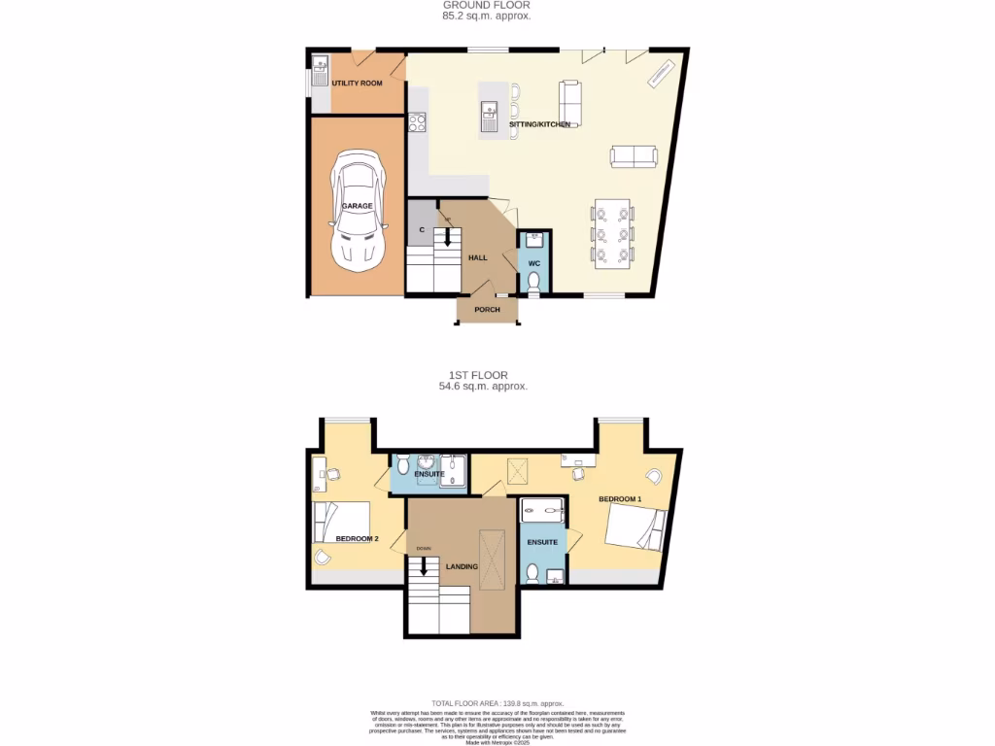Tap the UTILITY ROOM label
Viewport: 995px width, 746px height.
pyautogui.click(x=357, y=84)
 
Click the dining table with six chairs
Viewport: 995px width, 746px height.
pyautogui.click(x=612, y=234)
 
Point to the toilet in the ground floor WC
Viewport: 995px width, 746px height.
pyautogui.click(x=533, y=281)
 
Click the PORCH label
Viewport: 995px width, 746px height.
pyautogui.click(x=487, y=310)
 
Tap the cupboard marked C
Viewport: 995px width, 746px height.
pyautogui.click(x=421, y=229)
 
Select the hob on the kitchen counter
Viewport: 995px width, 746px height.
pyautogui.click(x=417, y=122)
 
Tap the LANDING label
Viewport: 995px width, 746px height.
pyautogui.click(x=462, y=565)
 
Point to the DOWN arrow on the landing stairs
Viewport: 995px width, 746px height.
pyautogui.click(x=424, y=563)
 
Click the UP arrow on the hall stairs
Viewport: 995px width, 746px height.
pyautogui.click(x=448, y=234)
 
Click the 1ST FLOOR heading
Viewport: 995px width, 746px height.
pyautogui.click(x=478, y=375)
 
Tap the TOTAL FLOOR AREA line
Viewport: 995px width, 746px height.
pyautogui.click(x=497, y=703)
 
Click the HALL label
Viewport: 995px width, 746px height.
pyautogui.click(x=478, y=257)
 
